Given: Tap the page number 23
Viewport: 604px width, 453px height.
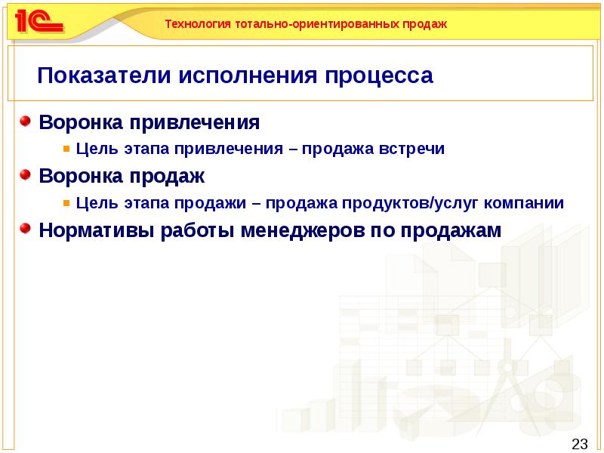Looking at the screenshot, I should click(x=580, y=443).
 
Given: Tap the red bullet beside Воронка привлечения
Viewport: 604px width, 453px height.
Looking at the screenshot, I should click(x=26, y=121).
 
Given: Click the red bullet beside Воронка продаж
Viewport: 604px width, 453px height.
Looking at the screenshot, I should click(x=26, y=175).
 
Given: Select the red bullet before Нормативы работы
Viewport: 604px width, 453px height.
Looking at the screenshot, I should click(x=26, y=229).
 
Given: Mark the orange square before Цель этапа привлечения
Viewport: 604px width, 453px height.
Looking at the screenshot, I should click(x=67, y=149).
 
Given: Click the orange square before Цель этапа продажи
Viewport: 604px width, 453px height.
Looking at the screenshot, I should click(x=67, y=203).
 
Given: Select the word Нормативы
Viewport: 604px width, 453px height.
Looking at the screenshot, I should click(x=97, y=230).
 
